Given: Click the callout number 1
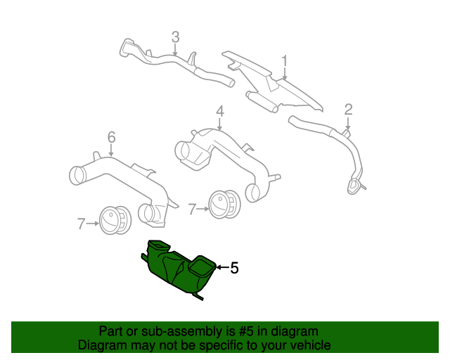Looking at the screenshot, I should pyautogui.click(x=285, y=61).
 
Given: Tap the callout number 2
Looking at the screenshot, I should pyautogui.click(x=348, y=109).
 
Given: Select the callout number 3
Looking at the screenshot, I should pyautogui.click(x=176, y=37).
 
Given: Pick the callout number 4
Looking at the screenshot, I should pyautogui.click(x=219, y=111).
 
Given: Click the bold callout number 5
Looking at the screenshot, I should pyautogui.click(x=235, y=268).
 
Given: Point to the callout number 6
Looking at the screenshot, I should pyautogui.click(x=111, y=136).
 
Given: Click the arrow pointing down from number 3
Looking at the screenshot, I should pyautogui.click(x=176, y=50).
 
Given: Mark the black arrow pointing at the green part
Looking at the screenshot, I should pyautogui.click(x=221, y=267).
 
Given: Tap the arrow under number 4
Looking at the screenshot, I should pyautogui.click(x=219, y=124).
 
